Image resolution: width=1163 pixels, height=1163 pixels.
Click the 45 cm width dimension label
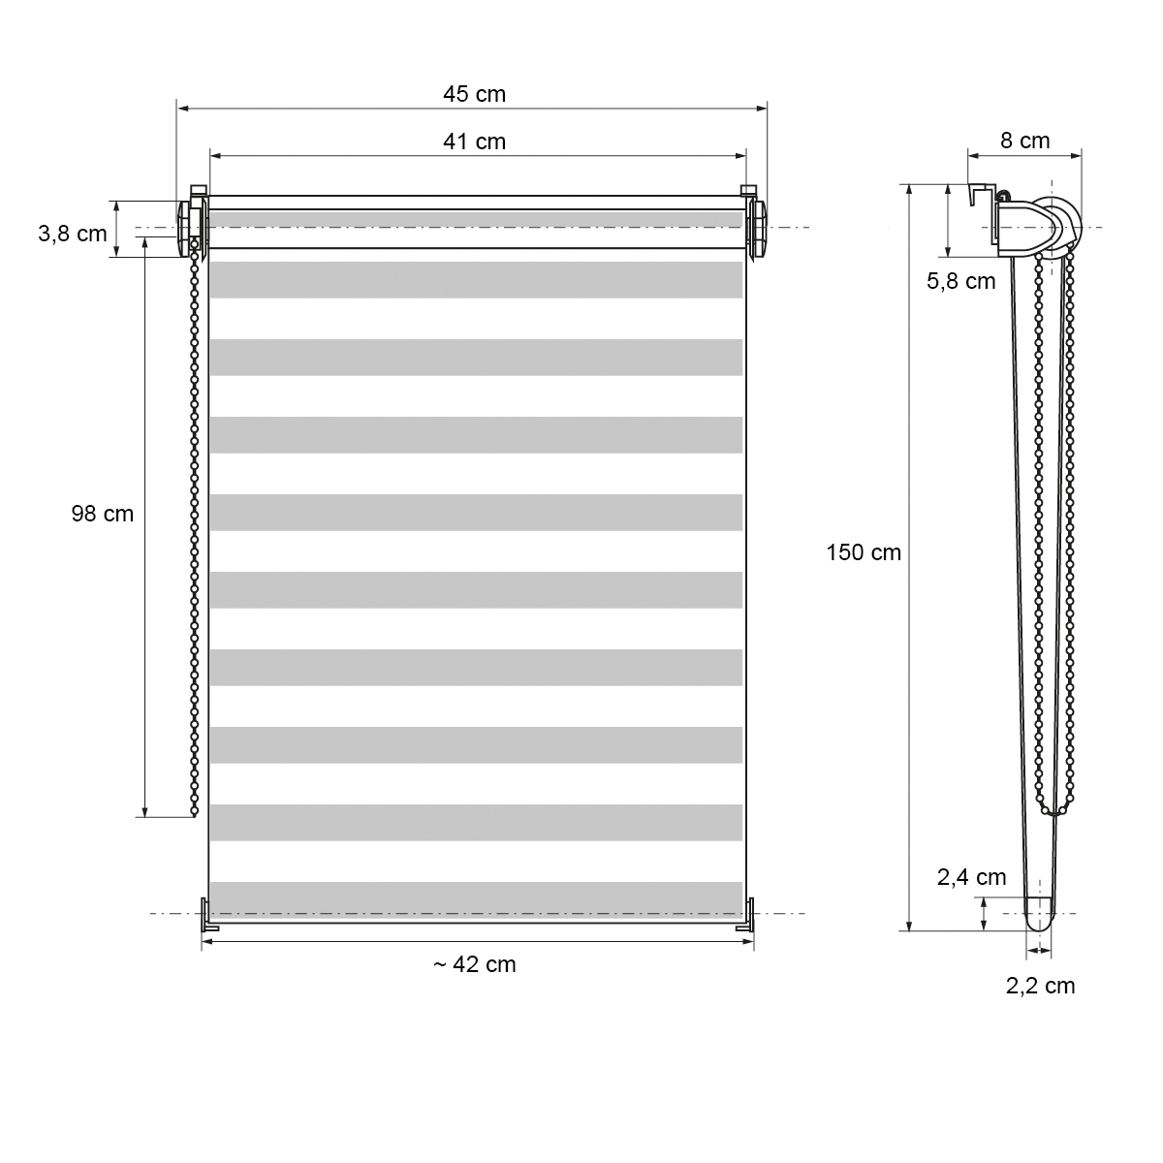(474, 94)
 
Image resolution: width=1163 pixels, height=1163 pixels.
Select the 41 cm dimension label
(474, 141)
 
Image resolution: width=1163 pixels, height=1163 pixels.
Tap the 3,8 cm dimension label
(73, 234)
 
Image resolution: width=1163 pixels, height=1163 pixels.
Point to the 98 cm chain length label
(102, 514)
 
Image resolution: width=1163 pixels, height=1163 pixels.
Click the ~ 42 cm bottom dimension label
(474, 964)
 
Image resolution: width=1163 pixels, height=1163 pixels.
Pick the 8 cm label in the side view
(1024, 141)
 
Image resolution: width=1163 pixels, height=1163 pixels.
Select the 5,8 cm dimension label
(960, 281)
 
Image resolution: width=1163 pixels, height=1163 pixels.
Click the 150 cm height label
(864, 552)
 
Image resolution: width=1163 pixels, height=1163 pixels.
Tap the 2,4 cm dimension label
(972, 877)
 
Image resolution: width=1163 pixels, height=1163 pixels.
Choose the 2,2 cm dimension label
(1041, 986)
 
